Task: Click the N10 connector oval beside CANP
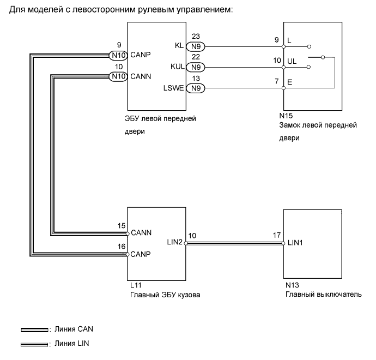pyautogui.click(x=117, y=55)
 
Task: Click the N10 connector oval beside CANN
pyautogui.click(x=117, y=76)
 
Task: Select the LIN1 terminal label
pyautogui.click(x=295, y=243)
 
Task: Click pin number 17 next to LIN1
pyautogui.click(x=277, y=236)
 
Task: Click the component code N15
pyautogui.click(x=286, y=116)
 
